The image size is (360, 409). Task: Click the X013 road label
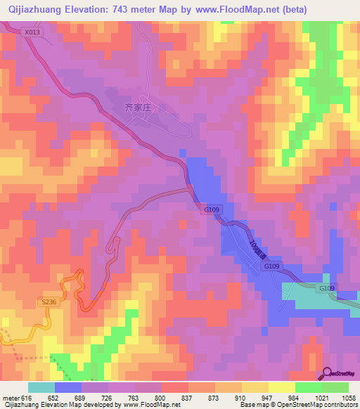pos(32,32)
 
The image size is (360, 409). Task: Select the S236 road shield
pos(48,301)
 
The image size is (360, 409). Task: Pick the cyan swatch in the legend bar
pos(41,387)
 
